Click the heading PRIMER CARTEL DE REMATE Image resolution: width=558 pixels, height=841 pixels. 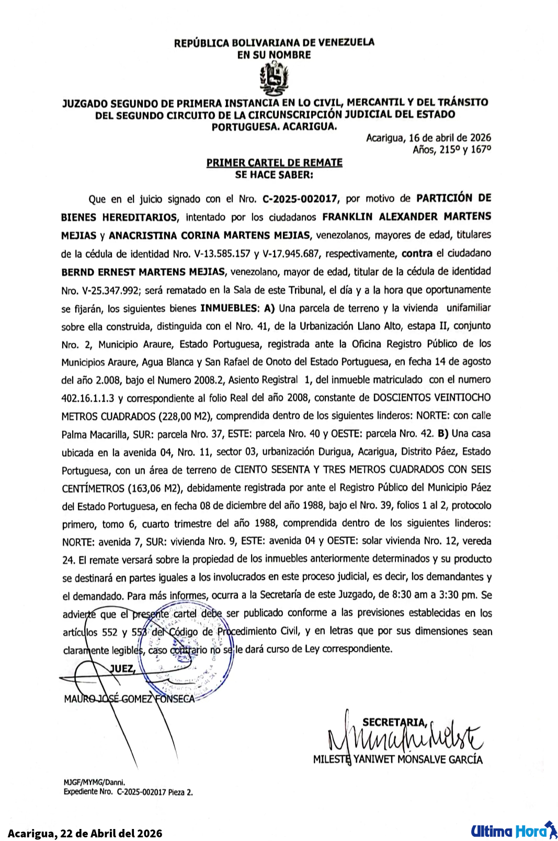[274, 162]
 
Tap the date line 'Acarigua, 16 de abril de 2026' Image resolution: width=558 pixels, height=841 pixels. [428, 138]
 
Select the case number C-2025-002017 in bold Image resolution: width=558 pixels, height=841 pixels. [301, 198]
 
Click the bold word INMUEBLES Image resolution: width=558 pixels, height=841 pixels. [229, 308]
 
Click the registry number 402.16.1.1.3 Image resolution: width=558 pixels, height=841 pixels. [88, 398]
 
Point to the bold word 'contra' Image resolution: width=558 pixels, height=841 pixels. [417, 253]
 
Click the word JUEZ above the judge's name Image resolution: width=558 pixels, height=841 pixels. [122, 669]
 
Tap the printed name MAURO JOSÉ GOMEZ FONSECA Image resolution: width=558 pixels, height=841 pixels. [129, 698]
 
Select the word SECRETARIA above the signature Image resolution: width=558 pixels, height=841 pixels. [394, 722]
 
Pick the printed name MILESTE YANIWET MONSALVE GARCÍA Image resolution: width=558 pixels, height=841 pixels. [397, 759]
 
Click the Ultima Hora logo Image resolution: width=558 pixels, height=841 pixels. [513, 831]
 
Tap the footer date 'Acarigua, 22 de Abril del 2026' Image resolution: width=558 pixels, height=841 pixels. [85, 833]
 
